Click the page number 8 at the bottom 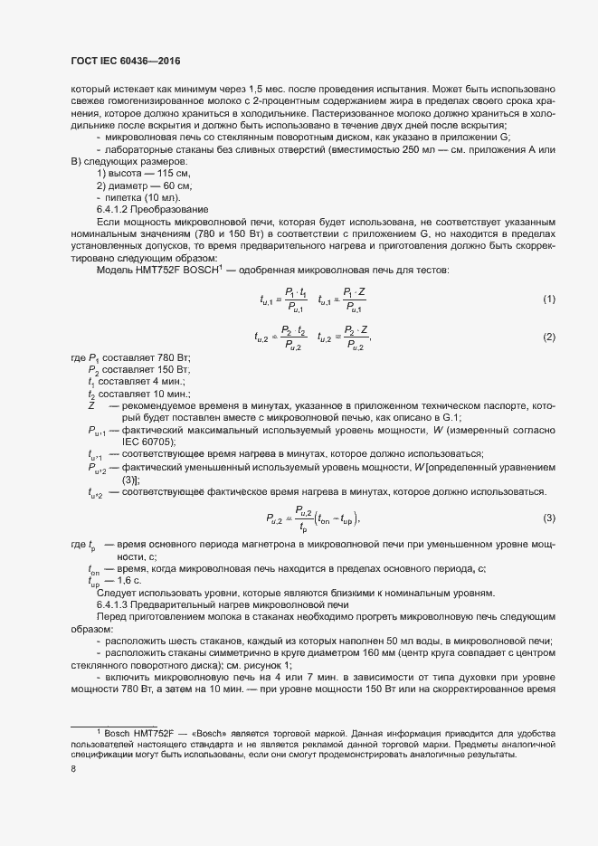click(73, 769)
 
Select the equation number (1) click(548, 299)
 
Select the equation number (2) click(548, 337)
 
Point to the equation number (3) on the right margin click(548, 518)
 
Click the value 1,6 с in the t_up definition click(122, 580)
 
